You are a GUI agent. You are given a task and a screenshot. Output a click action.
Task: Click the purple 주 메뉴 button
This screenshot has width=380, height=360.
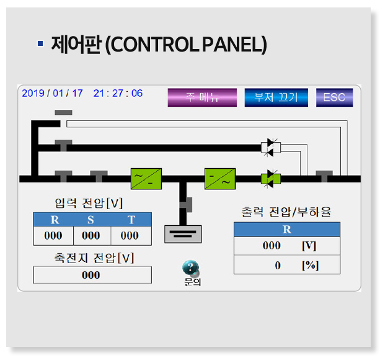point(202,97)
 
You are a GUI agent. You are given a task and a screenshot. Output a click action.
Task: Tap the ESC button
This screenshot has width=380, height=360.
point(334,97)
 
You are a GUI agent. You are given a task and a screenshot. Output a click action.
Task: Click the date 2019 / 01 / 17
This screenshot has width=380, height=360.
point(52,93)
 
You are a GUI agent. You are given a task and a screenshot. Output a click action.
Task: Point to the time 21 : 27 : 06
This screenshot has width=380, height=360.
point(118,93)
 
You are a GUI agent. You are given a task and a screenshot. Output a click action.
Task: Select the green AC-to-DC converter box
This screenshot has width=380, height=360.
point(146,178)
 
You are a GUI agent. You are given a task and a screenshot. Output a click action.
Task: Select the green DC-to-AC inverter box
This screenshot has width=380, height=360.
point(220,178)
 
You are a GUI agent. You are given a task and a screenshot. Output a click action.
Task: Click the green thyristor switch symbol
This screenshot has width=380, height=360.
point(270,179)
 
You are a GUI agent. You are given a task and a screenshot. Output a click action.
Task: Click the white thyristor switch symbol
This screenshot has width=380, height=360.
point(270,147)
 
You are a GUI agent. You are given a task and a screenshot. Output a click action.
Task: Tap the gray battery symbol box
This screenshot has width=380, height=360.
point(183,233)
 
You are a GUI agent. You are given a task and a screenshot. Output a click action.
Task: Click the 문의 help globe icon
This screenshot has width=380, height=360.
point(191,268)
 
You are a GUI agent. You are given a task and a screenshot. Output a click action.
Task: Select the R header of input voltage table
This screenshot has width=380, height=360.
point(54,220)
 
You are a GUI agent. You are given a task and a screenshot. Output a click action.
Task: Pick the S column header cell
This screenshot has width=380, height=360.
point(91,220)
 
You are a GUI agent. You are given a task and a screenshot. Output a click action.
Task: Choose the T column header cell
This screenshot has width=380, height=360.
point(131,220)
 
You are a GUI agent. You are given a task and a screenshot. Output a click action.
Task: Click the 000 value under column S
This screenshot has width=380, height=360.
point(91,235)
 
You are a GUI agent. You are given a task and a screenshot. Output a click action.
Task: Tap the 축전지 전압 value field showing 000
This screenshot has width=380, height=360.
point(91,275)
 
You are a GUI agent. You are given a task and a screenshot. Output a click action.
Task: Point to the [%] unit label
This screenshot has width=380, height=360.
point(309,265)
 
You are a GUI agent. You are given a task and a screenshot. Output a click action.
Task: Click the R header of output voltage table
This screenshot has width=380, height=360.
point(286,229)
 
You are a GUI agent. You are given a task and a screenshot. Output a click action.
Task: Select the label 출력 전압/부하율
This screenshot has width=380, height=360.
point(286,212)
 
